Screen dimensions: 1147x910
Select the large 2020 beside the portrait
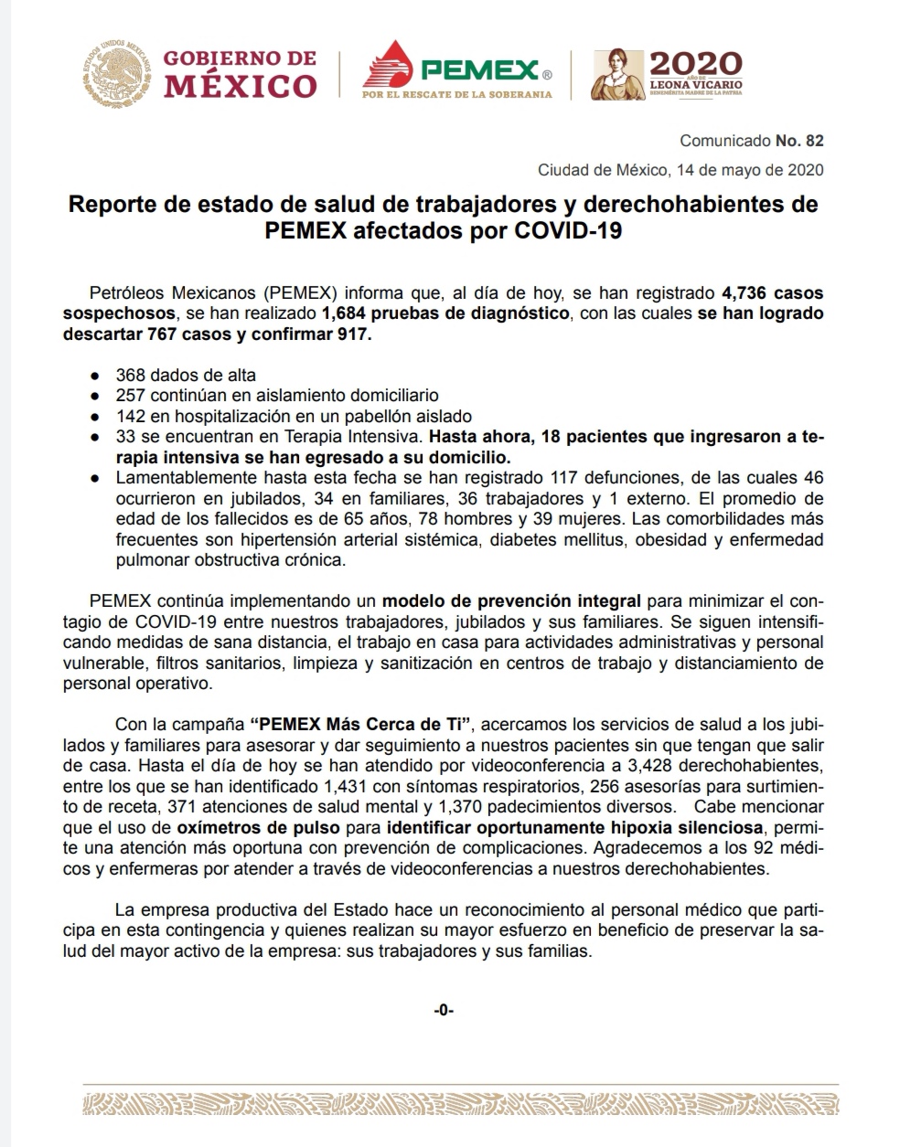click(695, 64)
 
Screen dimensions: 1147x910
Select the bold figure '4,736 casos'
click(772, 293)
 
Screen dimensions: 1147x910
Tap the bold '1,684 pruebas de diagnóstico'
click(445, 313)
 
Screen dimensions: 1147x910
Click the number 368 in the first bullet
click(129, 375)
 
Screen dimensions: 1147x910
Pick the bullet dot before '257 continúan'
click(96, 396)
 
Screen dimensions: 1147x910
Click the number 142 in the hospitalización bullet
click(129, 416)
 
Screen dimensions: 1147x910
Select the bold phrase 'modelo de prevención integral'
click(512, 601)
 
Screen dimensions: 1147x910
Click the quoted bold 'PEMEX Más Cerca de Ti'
click(360, 725)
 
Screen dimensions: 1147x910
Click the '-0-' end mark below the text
click(444, 1010)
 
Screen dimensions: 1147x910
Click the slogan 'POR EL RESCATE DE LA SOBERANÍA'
click(457, 94)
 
